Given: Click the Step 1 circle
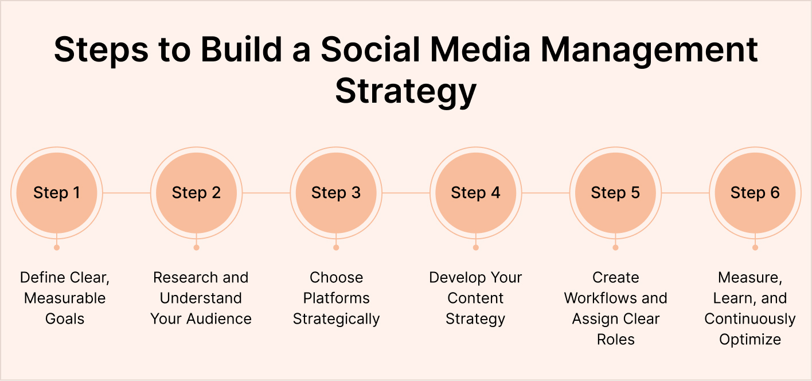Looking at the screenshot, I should click(56, 193).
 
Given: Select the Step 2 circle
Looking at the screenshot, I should click(196, 193).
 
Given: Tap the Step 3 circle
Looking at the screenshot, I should click(336, 193).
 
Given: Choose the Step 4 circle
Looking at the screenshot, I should click(475, 193).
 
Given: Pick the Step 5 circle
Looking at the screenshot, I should click(615, 193).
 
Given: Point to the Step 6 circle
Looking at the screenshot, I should click(755, 193).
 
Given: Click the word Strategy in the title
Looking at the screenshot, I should click(406, 91).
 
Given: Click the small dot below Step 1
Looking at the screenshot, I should click(56, 248).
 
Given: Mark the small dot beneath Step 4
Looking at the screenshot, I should click(475, 248).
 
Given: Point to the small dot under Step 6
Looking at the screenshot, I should click(755, 248).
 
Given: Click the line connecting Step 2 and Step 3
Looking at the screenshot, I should click(266, 193).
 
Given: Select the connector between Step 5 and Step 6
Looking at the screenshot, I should click(685, 193).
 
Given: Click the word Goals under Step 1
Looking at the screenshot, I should click(65, 319).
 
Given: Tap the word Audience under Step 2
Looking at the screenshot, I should click(221, 319).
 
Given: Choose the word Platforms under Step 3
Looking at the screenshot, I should click(336, 298).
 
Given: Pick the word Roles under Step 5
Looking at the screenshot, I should click(615, 340).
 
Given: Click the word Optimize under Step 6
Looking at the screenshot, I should click(750, 340).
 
